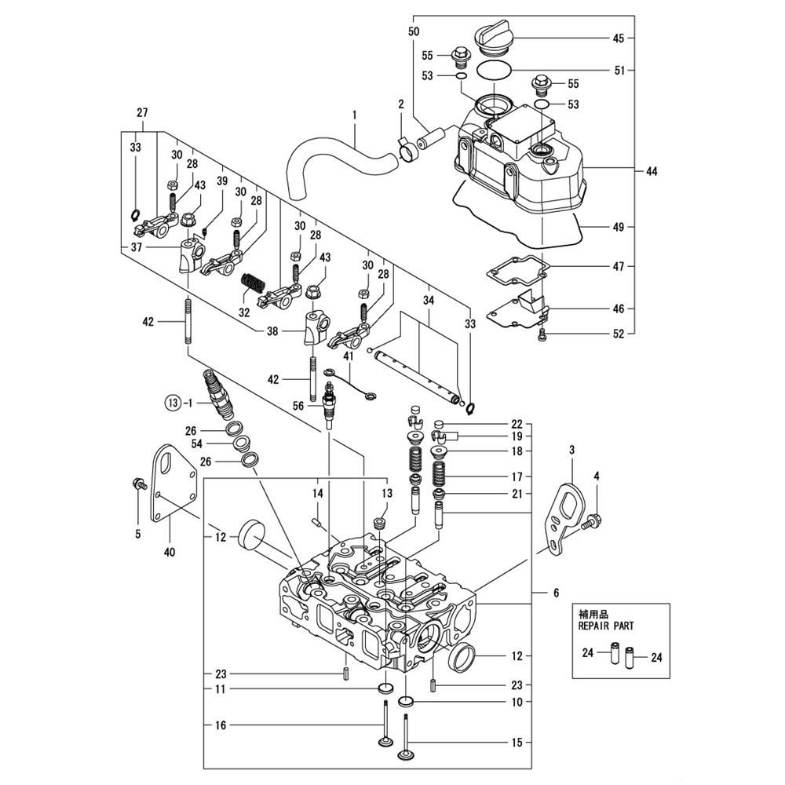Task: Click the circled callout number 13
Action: [173, 403]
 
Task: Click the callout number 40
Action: [170, 551]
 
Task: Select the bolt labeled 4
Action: [594, 520]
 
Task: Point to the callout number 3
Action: [571, 449]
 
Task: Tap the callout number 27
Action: [142, 113]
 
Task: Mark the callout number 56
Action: [298, 406]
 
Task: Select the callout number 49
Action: [619, 228]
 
